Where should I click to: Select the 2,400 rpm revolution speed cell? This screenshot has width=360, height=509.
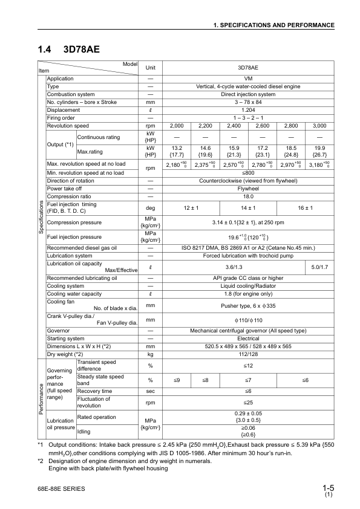pos(233,125)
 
